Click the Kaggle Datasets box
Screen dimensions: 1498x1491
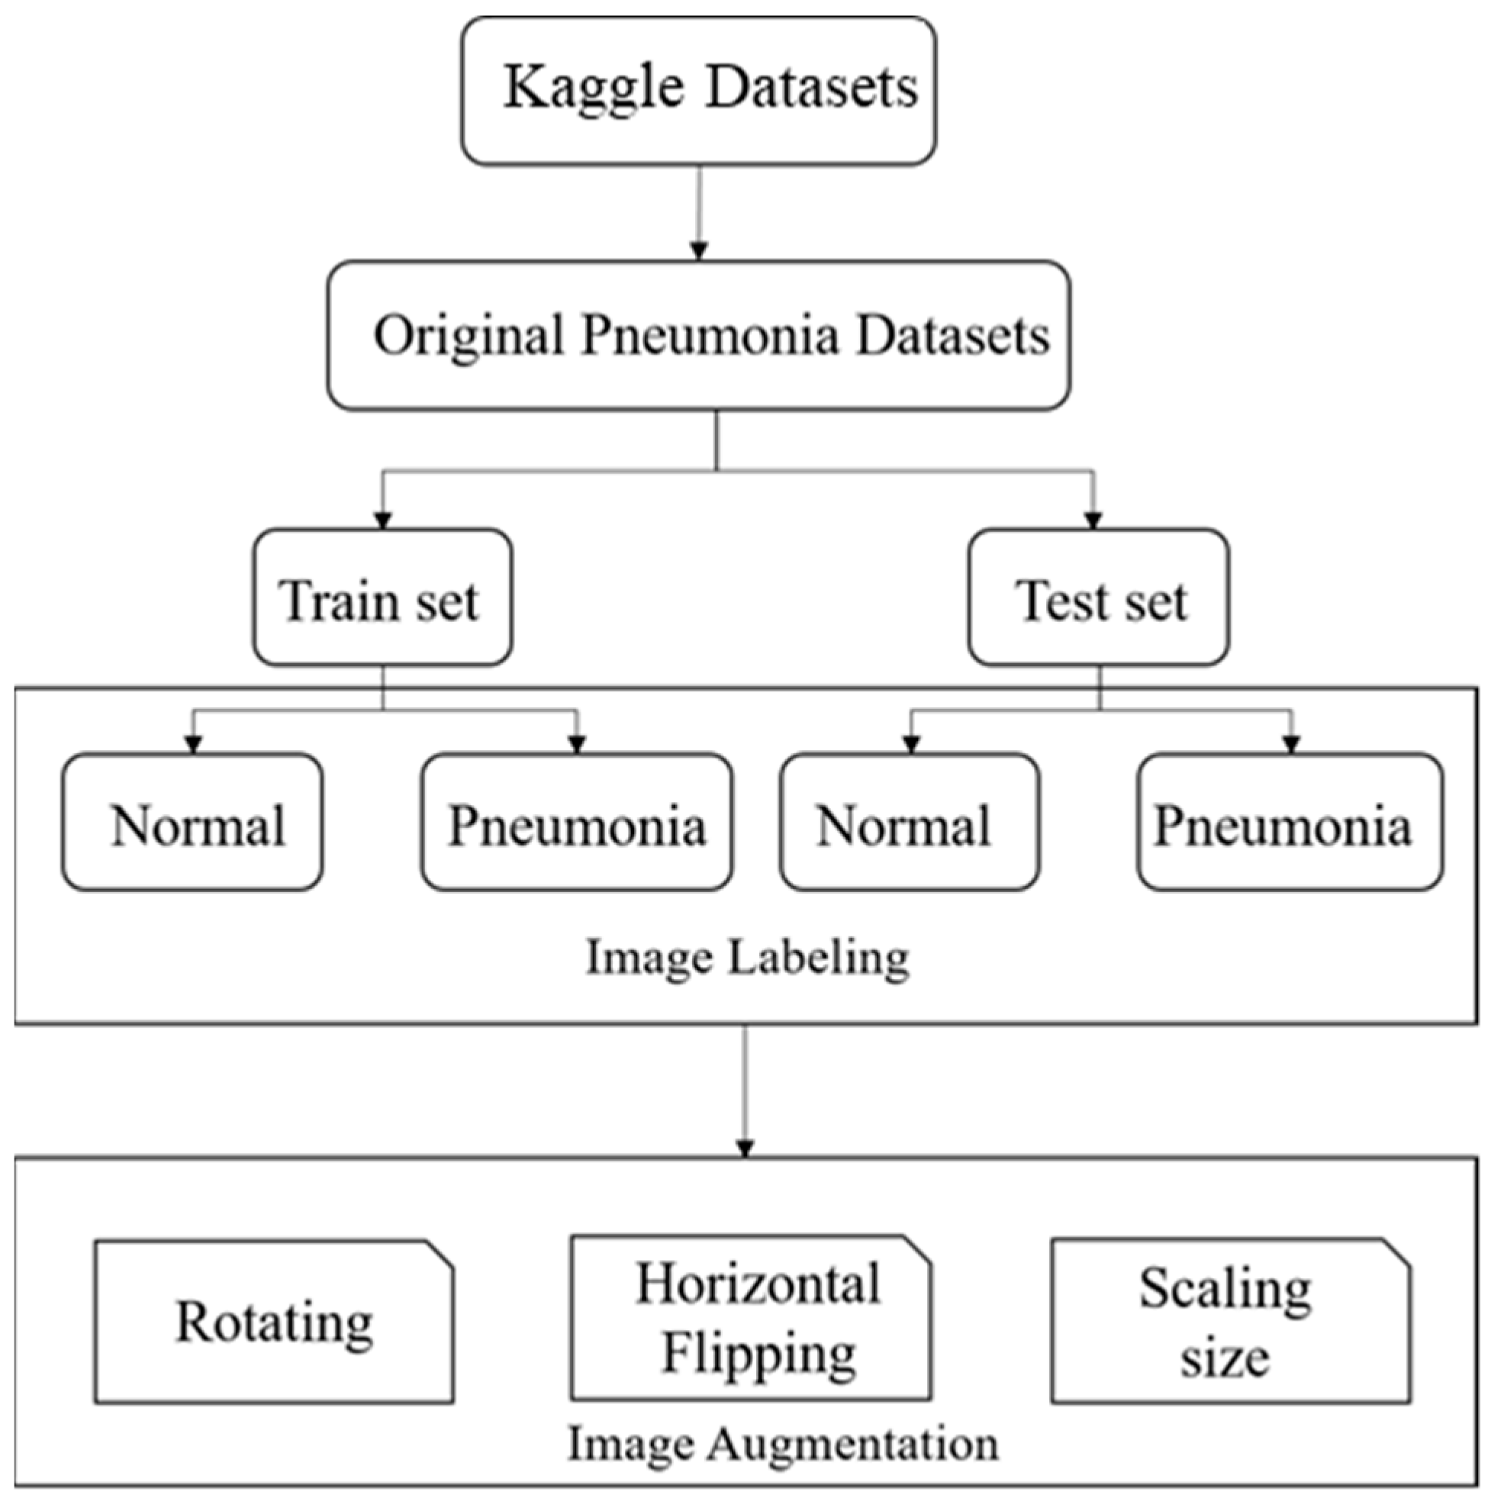coord(698,91)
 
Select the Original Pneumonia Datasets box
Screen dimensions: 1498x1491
coord(698,335)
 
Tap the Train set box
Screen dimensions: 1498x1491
coord(382,598)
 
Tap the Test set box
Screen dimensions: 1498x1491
coord(1098,598)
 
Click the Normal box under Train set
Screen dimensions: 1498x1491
coord(192,822)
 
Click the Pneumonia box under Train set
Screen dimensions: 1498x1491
coord(577,822)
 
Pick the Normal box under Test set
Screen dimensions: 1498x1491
coord(910,822)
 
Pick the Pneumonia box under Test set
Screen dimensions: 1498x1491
coord(1290,822)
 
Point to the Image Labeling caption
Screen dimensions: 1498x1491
coord(747,958)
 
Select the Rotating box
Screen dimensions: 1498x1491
coord(274,1322)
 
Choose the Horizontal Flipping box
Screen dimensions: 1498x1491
coord(751,1318)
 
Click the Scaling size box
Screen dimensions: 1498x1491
coord(1231,1320)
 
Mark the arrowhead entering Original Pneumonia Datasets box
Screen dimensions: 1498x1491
coord(700,251)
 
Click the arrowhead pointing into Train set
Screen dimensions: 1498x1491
coord(382,520)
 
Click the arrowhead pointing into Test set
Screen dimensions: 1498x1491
coord(1093,520)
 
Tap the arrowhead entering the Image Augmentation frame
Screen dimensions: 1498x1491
coord(745,1148)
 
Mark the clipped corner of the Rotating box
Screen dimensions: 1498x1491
coord(440,1254)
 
